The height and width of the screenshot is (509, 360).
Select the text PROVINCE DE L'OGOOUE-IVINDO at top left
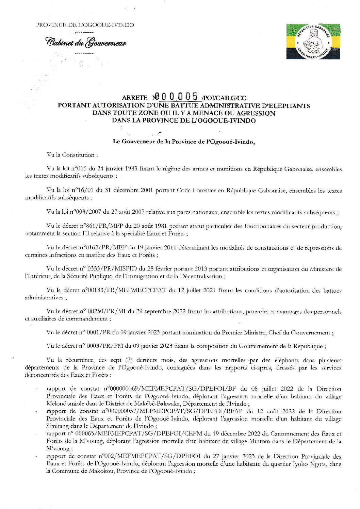pos(85,25)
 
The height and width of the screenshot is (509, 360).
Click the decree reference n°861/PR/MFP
pos(95,226)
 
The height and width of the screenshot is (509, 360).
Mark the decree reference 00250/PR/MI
pos(107,311)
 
